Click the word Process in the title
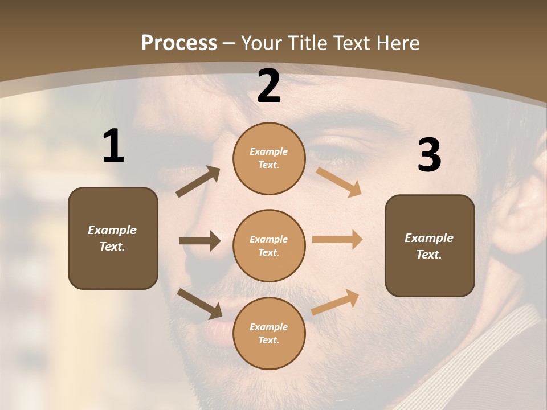[179, 43]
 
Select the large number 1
[113, 146]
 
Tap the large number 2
[269, 86]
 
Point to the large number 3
[429, 155]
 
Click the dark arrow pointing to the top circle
[198, 182]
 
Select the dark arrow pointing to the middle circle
[199, 241]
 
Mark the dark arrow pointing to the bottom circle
[199, 304]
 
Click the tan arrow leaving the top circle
[338, 182]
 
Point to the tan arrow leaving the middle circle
[337, 240]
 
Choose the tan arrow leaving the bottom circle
[335, 302]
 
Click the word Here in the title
[398, 43]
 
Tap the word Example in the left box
[112, 230]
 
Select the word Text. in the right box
[429, 255]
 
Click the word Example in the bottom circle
[269, 327]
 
